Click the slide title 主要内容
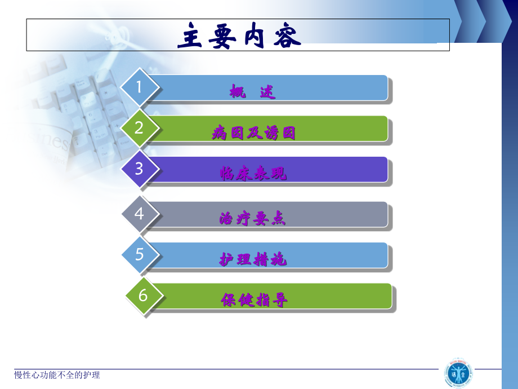tap(239, 36)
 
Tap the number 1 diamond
tap(140, 87)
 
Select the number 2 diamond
tap(139, 128)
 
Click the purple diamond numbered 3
tap(139, 169)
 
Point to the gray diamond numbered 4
tap(139, 214)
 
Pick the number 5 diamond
tap(140, 254)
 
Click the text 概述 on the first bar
tap(253, 91)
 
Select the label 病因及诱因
tap(254, 133)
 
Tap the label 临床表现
tap(253, 174)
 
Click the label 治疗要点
tap(253, 219)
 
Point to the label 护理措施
tap(253, 260)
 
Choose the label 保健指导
tap(254, 300)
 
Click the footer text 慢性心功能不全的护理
tap(57, 375)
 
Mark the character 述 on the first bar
tap(268, 91)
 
